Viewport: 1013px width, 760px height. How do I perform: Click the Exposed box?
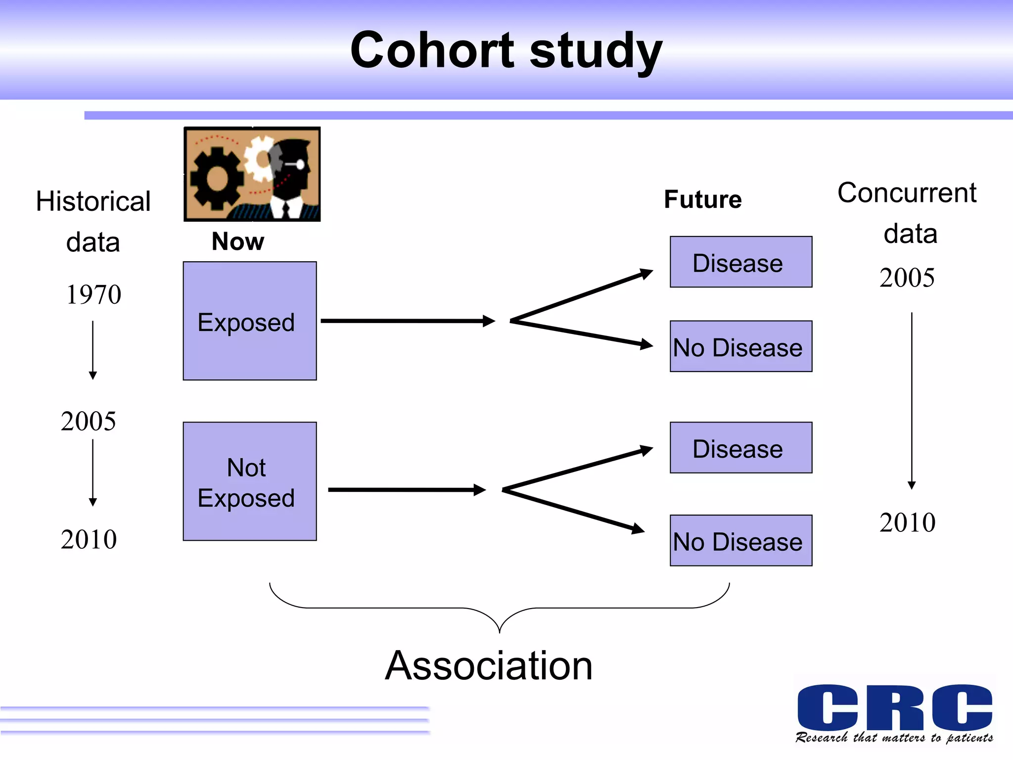[x=249, y=321]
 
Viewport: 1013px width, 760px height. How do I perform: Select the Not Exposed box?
[x=249, y=481]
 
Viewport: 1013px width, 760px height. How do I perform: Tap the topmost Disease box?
[x=740, y=262]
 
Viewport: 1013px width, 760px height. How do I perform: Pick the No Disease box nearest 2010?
[x=740, y=540]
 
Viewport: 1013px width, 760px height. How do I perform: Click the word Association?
[x=489, y=666]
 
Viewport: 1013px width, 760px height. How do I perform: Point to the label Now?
[x=238, y=241]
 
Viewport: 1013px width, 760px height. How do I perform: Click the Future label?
[x=702, y=199]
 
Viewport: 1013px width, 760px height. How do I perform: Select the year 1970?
[x=93, y=295]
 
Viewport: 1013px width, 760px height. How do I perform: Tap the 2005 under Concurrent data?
[x=907, y=278]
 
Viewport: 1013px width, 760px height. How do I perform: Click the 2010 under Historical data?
[x=89, y=539]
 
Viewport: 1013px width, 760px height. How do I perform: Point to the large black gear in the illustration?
[x=216, y=178]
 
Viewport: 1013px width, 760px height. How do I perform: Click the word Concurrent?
[x=906, y=192]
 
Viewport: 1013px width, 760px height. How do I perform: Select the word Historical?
[x=93, y=201]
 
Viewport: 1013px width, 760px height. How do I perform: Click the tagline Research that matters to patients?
[x=894, y=738]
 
